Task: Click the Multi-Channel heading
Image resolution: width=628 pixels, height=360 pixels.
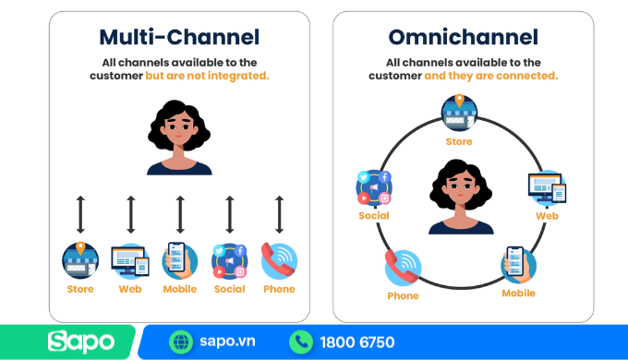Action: point(179,38)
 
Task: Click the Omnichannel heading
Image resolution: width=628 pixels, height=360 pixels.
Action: point(463,38)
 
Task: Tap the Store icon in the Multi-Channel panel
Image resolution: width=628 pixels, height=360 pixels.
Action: point(80,260)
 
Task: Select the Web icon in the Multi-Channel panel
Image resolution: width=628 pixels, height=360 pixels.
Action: point(130,261)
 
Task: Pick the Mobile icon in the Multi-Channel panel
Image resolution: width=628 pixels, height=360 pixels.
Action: point(179,260)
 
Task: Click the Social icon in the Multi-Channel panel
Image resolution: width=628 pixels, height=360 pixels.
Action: point(229,261)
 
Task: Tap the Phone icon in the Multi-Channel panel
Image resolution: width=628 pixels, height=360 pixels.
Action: point(279,261)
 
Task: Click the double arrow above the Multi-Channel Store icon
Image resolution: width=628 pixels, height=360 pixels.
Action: point(80,214)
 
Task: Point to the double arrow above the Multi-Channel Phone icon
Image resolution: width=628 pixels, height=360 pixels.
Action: point(279,214)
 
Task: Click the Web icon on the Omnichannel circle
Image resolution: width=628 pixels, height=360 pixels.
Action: point(547,188)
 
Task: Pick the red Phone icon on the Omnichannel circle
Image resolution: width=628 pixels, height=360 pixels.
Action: point(403,268)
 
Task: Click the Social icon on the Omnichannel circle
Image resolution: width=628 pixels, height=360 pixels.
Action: point(374,188)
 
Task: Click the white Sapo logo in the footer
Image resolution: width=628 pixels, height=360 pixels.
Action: point(81,342)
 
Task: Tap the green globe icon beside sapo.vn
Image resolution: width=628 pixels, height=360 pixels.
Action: point(181,342)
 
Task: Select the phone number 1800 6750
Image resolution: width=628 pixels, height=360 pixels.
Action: point(356,342)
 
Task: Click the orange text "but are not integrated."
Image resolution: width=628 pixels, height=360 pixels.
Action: point(207,76)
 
